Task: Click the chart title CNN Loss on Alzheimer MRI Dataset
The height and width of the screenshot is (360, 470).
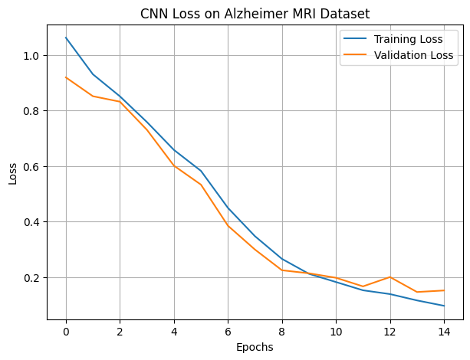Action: click(x=255, y=13)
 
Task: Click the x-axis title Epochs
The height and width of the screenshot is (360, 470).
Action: click(x=255, y=346)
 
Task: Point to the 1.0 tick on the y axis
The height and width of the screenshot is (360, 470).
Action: click(x=32, y=56)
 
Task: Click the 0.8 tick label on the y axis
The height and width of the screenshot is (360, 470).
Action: click(x=32, y=111)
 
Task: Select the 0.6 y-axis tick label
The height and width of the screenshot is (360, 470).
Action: click(x=32, y=166)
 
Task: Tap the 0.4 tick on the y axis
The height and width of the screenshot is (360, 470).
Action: click(x=32, y=222)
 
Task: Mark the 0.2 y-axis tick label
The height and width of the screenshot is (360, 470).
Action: click(x=32, y=277)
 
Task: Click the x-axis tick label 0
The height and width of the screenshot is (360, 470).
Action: click(x=66, y=331)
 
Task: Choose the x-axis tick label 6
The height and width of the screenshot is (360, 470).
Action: click(x=228, y=331)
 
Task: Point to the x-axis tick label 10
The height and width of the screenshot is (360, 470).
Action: click(x=336, y=331)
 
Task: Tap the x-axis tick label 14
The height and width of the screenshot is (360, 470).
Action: click(x=444, y=331)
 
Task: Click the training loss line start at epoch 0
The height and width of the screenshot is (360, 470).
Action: click(x=66, y=38)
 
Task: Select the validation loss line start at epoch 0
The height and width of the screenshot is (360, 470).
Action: click(x=66, y=77)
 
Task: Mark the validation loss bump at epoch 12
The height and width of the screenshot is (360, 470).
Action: click(x=390, y=277)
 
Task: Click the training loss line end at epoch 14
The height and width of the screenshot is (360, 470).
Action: click(x=444, y=306)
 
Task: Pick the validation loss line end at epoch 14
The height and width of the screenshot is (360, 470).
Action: click(x=444, y=290)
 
